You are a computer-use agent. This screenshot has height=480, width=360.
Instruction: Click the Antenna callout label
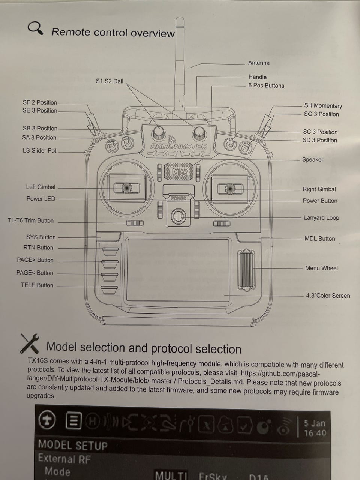point(259,63)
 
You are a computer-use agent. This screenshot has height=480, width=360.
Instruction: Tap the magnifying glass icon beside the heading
point(35,28)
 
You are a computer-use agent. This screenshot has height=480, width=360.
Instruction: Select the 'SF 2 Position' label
point(40,102)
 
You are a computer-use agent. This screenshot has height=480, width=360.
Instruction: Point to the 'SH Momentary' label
point(323,106)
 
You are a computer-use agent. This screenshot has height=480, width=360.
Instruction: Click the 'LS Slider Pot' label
point(39,150)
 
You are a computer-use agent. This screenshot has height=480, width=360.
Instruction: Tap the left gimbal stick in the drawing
point(126,187)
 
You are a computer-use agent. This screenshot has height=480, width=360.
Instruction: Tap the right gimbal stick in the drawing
point(229,189)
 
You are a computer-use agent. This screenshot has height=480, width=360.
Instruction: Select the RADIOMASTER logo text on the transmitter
point(178,147)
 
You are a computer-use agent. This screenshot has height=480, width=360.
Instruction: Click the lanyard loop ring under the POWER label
point(178,216)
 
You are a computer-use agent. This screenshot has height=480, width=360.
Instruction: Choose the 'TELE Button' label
point(37,285)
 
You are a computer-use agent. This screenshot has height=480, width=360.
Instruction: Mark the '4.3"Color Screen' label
point(328,295)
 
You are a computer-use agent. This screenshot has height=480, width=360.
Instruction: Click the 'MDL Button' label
point(319,238)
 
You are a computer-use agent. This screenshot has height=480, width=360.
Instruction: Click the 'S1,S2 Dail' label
point(109,81)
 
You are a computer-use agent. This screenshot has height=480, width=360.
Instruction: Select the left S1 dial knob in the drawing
point(158,133)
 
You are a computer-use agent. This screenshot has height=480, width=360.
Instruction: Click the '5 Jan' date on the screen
point(314,423)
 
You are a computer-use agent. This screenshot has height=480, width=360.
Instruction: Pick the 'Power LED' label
point(40,199)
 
